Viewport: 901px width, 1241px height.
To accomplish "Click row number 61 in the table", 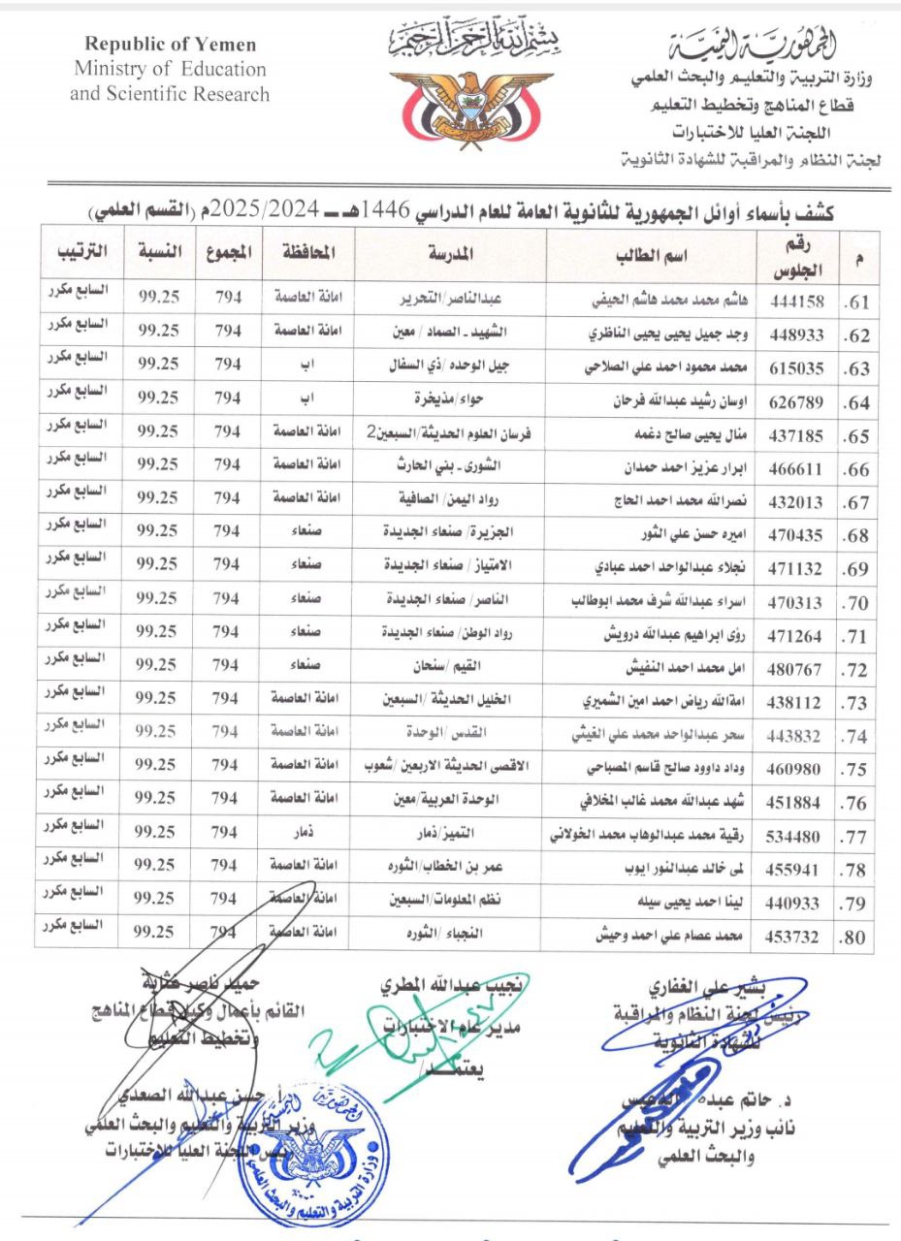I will pos(856,302).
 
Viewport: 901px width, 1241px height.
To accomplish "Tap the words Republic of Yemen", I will pos(171,45).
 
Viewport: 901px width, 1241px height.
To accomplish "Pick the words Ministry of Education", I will pos(170,70).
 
